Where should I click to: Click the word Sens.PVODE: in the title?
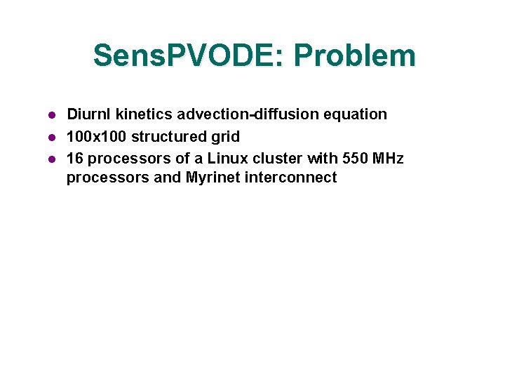pos(187,56)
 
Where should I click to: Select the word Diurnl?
pos(89,114)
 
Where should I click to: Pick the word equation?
pos(358,114)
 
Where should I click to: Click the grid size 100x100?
pos(97,137)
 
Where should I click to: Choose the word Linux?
pos(228,159)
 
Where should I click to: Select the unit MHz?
pos(388,159)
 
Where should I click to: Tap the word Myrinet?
pos(213,178)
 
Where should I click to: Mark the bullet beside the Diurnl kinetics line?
pos(51,114)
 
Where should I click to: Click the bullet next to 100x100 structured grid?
pos(51,137)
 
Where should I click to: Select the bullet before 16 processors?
pos(51,159)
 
